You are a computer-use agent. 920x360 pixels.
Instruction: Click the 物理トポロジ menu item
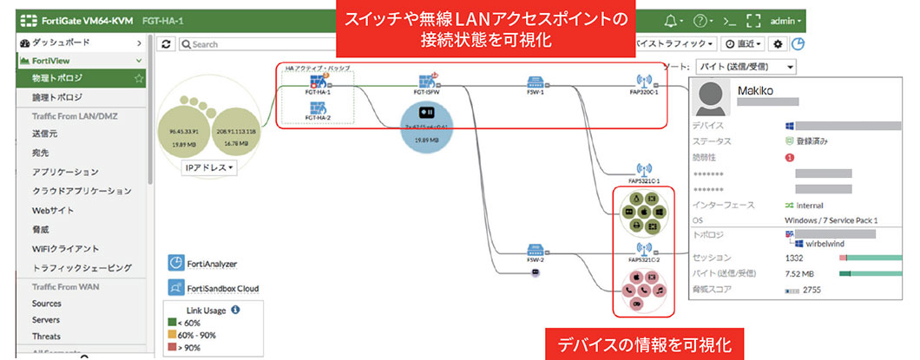click(x=51, y=79)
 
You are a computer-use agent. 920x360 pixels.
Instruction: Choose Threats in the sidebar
click(x=47, y=337)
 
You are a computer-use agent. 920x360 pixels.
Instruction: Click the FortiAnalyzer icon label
click(x=212, y=264)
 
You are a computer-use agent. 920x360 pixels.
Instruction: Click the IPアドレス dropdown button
click(x=210, y=167)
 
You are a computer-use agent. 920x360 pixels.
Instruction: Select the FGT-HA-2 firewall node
click(x=318, y=109)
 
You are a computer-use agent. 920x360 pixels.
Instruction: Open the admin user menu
click(x=787, y=20)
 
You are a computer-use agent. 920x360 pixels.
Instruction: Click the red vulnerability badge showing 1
click(x=790, y=157)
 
